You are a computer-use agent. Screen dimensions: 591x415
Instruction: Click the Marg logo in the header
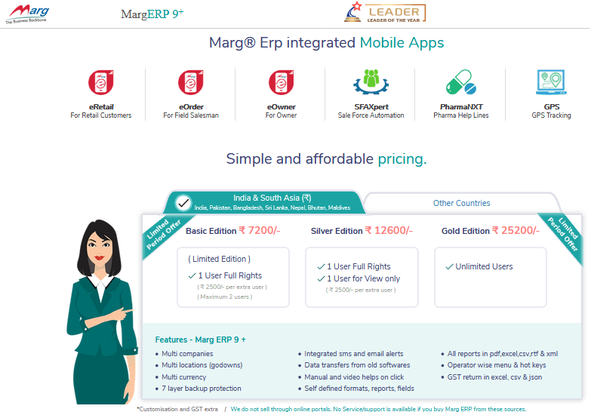[x=27, y=14]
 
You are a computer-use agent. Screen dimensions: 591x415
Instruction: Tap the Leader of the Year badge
[x=385, y=13]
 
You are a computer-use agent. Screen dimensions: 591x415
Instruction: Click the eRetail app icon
[x=101, y=82]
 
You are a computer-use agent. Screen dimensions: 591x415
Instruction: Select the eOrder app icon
[x=191, y=82]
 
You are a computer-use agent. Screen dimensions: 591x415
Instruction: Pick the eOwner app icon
[x=282, y=82]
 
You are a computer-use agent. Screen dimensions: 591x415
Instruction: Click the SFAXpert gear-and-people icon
[x=371, y=81]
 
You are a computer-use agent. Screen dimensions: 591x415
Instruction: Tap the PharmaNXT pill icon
[x=461, y=81]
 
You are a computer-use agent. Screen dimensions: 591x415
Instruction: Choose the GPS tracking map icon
[x=551, y=81]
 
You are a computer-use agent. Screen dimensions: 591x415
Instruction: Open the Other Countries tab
[x=461, y=203]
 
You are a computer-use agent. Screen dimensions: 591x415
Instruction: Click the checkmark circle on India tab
[x=183, y=203]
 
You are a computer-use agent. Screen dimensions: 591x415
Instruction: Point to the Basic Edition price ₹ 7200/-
[x=260, y=230]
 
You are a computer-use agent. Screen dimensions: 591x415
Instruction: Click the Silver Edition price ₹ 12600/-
[x=389, y=230]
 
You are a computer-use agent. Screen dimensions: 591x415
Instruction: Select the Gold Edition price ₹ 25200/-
[x=516, y=230]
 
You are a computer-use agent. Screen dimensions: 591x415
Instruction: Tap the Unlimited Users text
[x=484, y=266]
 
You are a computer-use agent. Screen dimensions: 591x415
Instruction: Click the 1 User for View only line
[x=363, y=278]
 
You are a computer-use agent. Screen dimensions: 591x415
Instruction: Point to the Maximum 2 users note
[x=225, y=297]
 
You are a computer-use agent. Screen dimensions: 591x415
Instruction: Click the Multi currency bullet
[x=183, y=377]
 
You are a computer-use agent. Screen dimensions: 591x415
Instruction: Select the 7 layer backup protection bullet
[x=202, y=389]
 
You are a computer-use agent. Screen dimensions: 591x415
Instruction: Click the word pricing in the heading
[x=402, y=159]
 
